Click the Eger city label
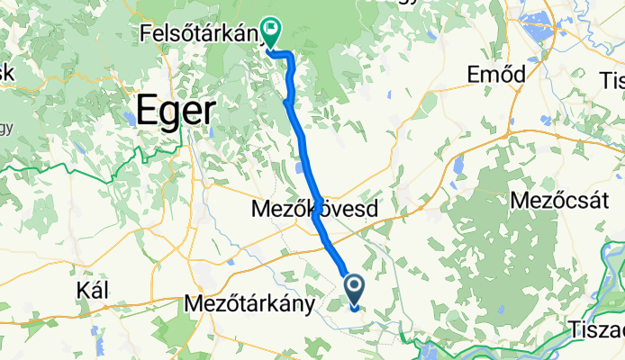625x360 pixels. pos(176,112)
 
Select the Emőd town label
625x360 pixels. pos(496,76)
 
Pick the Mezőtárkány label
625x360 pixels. pos(249,304)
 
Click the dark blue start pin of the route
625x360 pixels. pos(355,289)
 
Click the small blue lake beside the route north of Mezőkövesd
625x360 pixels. pos(297,167)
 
